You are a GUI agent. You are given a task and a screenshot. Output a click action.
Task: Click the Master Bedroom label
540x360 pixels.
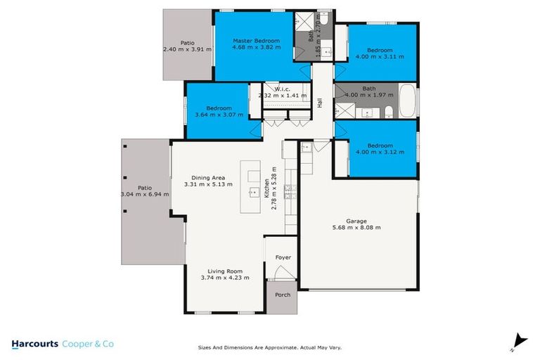[256, 41]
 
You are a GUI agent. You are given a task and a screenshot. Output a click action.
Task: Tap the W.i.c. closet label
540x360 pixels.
[283, 89]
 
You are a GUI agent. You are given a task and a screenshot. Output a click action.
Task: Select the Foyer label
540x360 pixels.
[283, 257]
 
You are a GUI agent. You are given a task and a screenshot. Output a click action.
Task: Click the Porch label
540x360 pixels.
[283, 295]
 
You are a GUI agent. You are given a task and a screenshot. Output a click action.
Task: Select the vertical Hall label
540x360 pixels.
[319, 103]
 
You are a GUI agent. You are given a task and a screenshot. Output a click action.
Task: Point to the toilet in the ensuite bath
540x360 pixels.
[324, 20]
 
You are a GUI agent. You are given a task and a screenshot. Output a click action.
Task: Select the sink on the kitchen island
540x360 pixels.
[251, 191]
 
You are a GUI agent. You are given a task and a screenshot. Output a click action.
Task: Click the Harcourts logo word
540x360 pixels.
[35, 344]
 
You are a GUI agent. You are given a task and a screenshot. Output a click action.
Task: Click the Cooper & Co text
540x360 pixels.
[89, 344]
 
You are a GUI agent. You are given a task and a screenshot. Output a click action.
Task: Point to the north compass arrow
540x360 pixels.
[520, 339]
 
